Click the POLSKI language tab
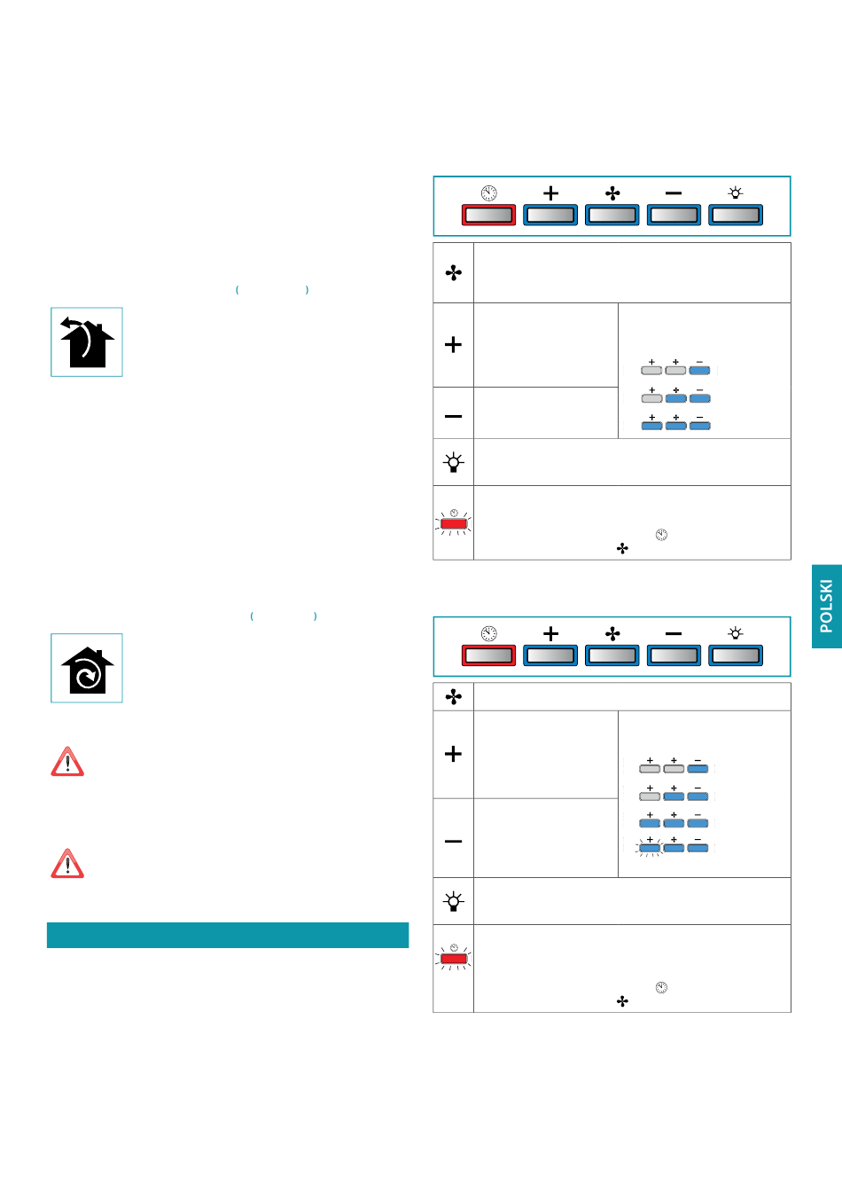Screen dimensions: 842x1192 tap(826, 606)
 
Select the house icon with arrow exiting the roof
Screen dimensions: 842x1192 tap(87, 342)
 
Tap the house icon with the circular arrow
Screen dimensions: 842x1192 tap(87, 669)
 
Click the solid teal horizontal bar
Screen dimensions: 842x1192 tap(228, 935)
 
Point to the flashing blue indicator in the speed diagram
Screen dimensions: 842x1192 tap(650, 848)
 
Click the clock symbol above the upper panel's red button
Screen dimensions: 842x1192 tap(488, 192)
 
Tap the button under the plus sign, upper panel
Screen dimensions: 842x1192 tap(550, 215)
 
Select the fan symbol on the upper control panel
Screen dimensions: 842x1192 tap(612, 192)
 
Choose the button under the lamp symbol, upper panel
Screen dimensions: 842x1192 tap(736, 215)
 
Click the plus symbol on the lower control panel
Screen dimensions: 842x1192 tap(550, 633)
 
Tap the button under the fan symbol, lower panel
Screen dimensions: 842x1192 tap(612, 655)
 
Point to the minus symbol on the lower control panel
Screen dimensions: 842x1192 tap(674, 633)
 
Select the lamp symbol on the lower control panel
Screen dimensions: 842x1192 tap(736, 633)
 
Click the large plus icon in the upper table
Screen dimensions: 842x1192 tap(454, 344)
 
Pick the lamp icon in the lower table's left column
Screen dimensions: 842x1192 tap(454, 901)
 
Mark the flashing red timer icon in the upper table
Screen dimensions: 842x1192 tap(454, 523)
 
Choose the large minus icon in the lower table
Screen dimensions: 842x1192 tap(454, 840)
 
